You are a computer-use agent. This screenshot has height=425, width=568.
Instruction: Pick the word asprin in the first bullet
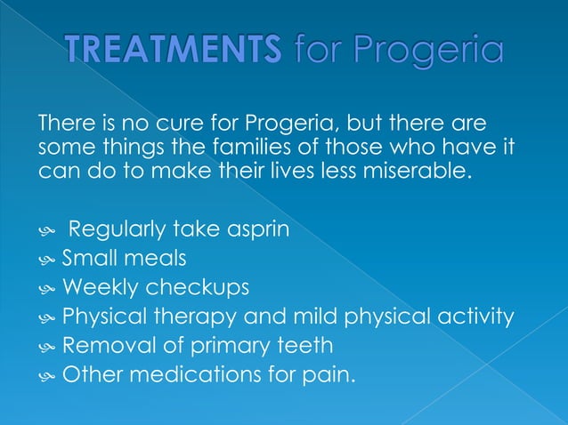pos(258,230)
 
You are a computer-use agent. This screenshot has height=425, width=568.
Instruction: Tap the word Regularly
pos(115,230)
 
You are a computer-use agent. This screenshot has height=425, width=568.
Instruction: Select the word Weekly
pos(97,288)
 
